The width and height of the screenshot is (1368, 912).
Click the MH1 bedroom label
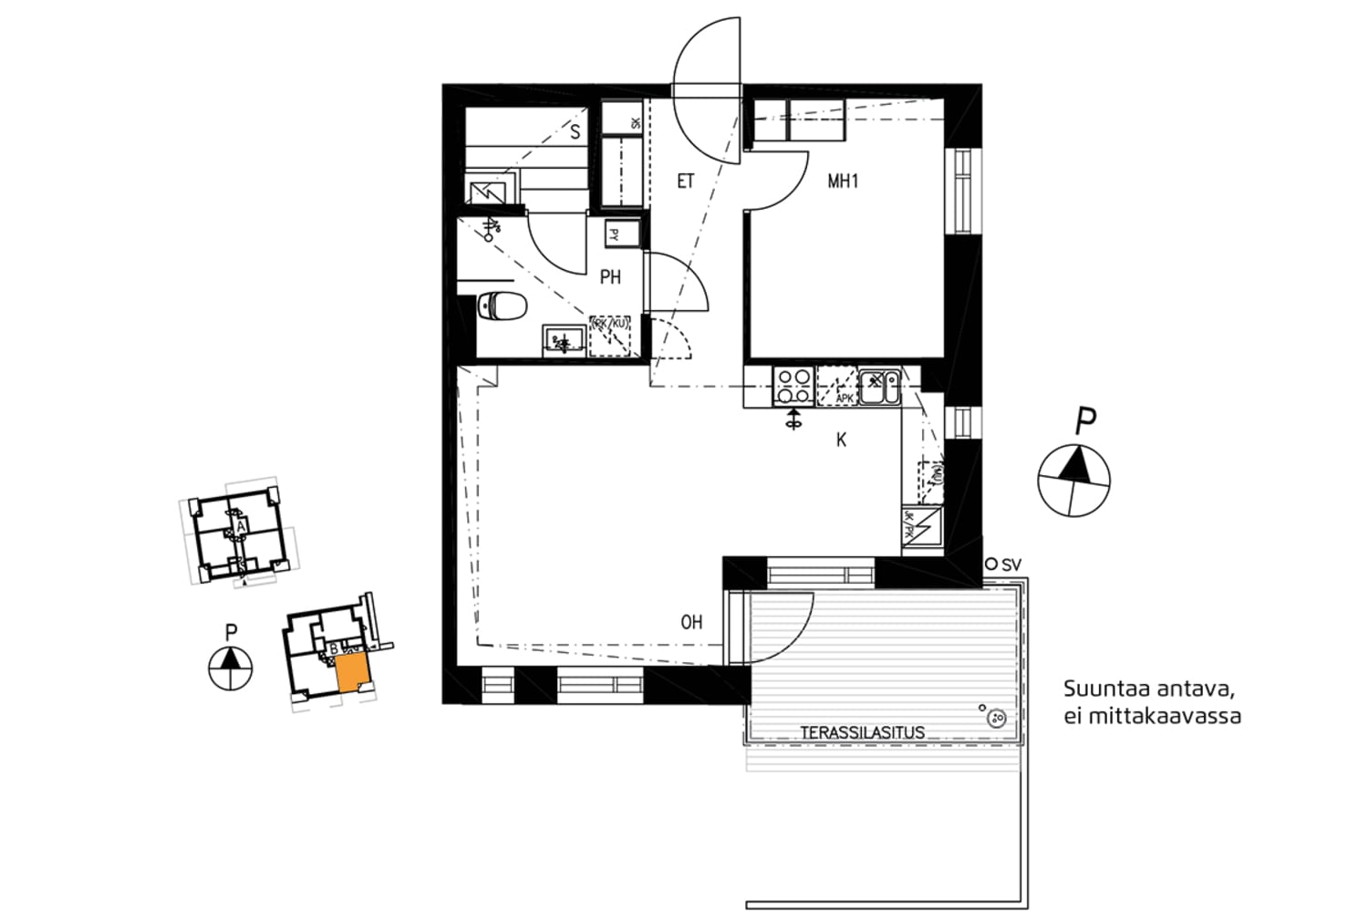(x=843, y=181)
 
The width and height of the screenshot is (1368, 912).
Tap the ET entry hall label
(x=686, y=181)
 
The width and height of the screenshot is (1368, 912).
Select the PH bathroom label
(x=610, y=276)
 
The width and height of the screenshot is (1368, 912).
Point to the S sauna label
(x=575, y=132)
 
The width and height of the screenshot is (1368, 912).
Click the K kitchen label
(x=841, y=440)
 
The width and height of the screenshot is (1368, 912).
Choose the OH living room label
(x=691, y=623)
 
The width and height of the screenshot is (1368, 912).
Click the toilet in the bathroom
(x=503, y=305)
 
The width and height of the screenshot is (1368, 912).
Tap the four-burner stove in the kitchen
(x=793, y=386)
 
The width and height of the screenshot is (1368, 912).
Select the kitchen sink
(x=879, y=386)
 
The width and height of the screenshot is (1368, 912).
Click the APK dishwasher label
(x=845, y=399)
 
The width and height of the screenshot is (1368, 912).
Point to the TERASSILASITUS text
(x=862, y=732)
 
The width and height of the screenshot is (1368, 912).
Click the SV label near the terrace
(x=1011, y=565)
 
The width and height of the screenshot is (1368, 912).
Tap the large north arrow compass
(x=1074, y=479)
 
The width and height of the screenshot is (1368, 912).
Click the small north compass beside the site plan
(x=230, y=666)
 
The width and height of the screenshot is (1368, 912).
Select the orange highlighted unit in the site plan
(x=352, y=673)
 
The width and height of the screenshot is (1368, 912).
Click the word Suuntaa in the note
(x=1100, y=689)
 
